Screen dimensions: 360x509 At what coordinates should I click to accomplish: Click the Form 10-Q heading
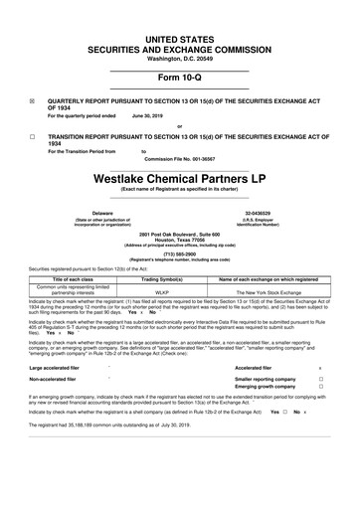(179, 78)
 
